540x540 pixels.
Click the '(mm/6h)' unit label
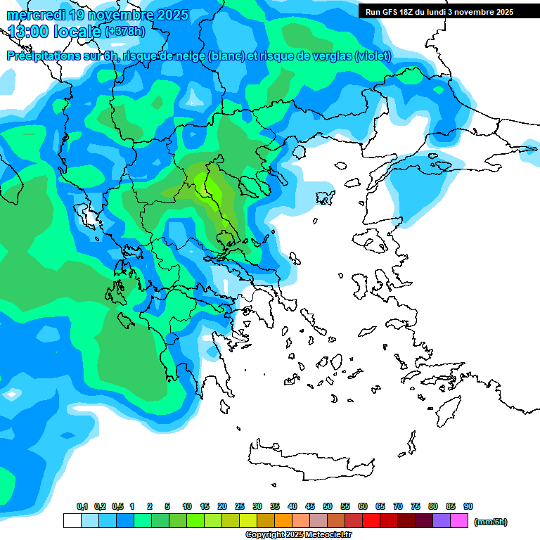click(491, 522)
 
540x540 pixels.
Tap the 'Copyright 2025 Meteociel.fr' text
click(299, 535)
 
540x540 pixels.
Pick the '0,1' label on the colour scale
click(82, 507)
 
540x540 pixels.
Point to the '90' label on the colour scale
click(468, 507)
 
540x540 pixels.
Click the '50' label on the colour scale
click(328, 507)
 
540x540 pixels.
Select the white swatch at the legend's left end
click(72, 521)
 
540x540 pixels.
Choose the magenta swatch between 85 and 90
click(459, 521)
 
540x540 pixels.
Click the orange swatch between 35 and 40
click(283, 521)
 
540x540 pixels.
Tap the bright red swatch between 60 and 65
click(371, 521)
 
